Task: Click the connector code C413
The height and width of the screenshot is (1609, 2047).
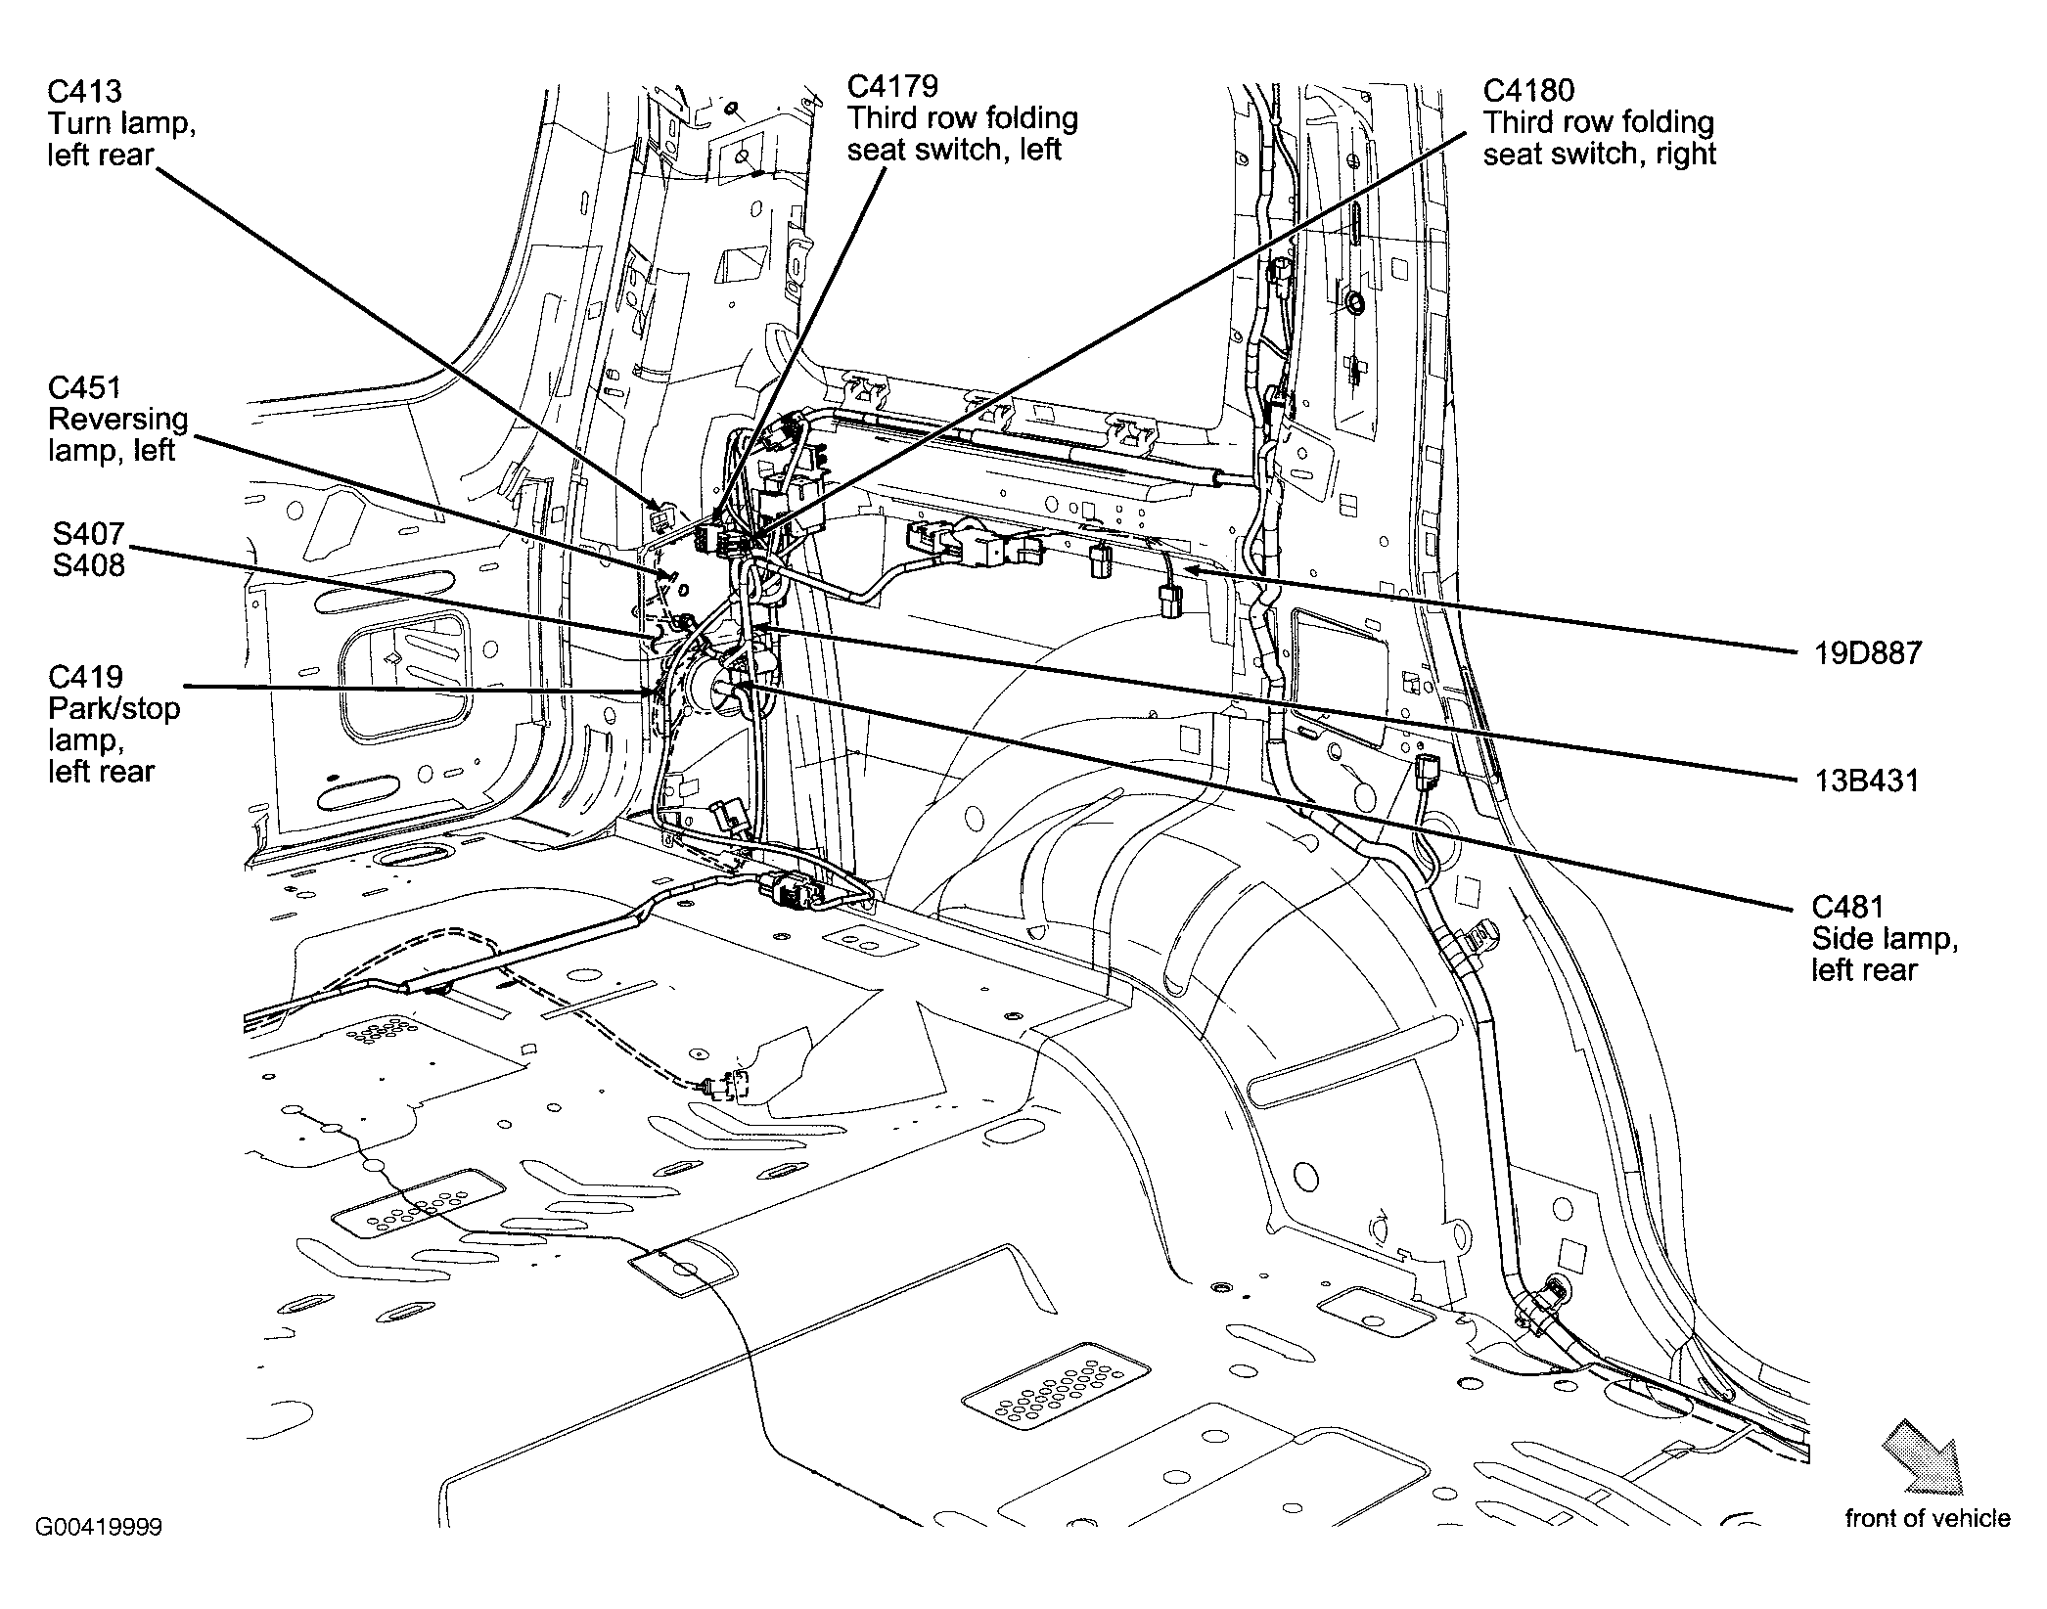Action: (x=84, y=92)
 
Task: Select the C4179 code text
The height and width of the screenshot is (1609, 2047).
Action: (x=892, y=86)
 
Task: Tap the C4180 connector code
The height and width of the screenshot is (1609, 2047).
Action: (x=1528, y=90)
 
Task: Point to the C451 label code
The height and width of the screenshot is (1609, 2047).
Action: (x=84, y=387)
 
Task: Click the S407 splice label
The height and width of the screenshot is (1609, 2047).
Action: (x=88, y=534)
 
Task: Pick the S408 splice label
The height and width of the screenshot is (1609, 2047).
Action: (x=88, y=565)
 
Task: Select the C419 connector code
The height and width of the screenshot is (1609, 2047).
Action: (x=84, y=677)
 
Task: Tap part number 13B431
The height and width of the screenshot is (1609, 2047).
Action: (x=1865, y=781)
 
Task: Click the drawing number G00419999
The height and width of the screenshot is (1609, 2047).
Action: (x=99, y=1554)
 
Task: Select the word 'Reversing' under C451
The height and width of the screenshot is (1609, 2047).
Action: (x=117, y=419)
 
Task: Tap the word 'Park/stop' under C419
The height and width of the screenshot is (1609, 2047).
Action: (x=114, y=708)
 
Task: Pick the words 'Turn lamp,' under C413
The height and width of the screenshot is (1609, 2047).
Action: (x=120, y=123)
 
